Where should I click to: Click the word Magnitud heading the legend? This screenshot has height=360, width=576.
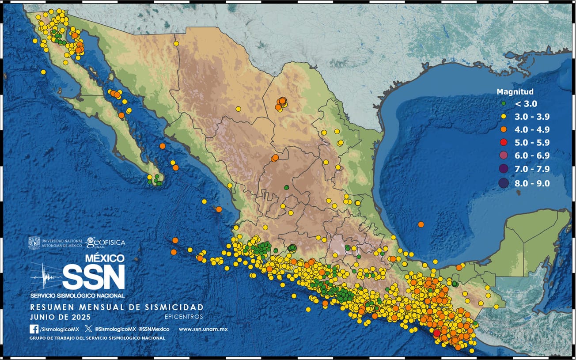[x=515, y=92]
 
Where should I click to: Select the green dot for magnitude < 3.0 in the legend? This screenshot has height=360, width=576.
[x=503, y=104]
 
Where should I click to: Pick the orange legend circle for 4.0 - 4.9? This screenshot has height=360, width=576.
[x=503, y=130]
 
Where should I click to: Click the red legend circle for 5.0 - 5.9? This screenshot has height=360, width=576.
[x=503, y=143]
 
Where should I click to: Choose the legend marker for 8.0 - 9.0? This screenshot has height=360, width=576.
[x=503, y=183]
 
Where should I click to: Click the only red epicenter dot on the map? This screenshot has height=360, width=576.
[x=436, y=333]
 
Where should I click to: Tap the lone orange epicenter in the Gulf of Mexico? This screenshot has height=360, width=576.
[x=421, y=224]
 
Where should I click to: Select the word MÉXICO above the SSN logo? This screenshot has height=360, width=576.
[x=104, y=258]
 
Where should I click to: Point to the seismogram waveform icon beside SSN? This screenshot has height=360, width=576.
[x=46, y=277]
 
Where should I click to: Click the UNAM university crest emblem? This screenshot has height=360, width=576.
[x=34, y=243]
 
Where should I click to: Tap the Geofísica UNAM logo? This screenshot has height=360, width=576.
[x=106, y=242]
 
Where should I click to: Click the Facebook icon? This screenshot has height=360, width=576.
[x=34, y=329]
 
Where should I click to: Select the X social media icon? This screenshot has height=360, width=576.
[x=88, y=329]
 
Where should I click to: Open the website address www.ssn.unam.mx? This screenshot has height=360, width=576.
[x=203, y=329]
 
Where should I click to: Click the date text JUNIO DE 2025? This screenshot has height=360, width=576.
[x=60, y=317]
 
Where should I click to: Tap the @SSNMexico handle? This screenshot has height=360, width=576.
[x=154, y=329]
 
